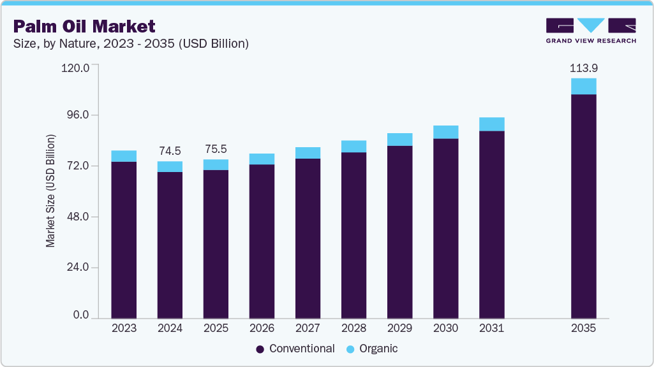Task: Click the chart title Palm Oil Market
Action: coord(84,26)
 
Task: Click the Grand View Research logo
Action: coord(591,31)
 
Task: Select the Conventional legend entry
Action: coord(295,349)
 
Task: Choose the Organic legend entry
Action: coord(371,349)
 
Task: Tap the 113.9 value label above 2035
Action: coord(583,68)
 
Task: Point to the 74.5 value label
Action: coord(170,151)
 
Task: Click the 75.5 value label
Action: coord(216,149)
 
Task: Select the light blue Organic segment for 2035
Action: coord(583,86)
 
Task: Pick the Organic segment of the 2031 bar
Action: coord(491,124)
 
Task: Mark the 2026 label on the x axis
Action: coord(262,328)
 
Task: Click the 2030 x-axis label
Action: coord(445,328)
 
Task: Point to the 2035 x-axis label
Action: coord(583,328)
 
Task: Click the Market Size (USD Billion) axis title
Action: coord(50,191)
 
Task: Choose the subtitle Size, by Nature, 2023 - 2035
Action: coord(131,44)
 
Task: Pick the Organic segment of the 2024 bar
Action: coord(170,166)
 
